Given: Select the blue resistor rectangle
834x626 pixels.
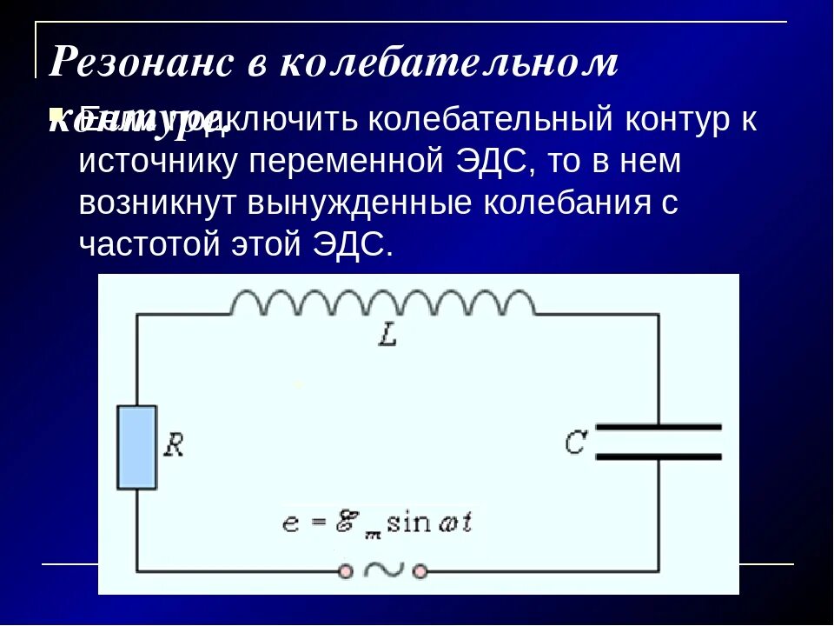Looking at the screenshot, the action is [x=137, y=446].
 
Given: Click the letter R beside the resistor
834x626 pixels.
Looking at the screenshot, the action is [x=174, y=446].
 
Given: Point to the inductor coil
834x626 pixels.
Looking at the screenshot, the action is [x=382, y=303].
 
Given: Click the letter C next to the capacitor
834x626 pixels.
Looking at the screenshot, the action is [x=575, y=443].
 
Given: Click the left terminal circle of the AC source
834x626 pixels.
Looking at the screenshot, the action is [x=347, y=571].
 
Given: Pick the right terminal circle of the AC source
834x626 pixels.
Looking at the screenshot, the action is [x=420, y=571].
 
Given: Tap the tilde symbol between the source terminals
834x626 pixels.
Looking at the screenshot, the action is [x=383, y=570].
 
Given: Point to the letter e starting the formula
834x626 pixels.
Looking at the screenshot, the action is [x=290, y=525].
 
